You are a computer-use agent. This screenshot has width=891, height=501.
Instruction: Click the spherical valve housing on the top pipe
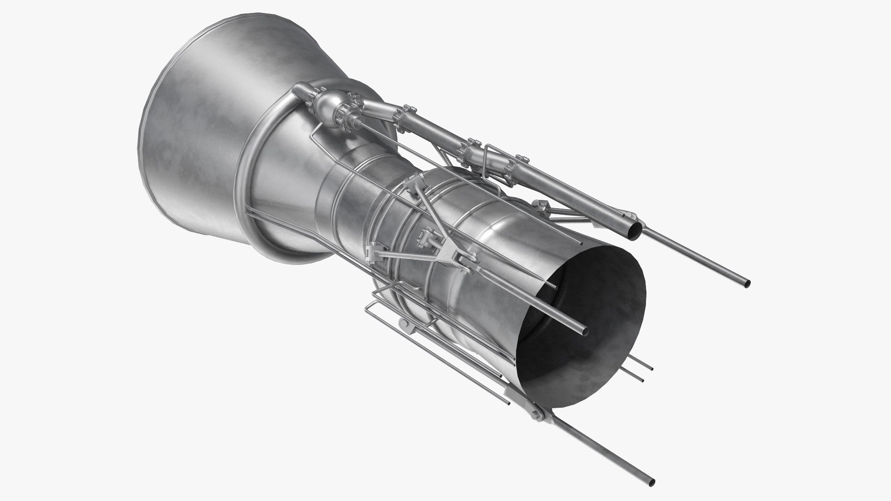[330, 104]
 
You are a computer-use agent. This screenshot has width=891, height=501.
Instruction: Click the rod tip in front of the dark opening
[584, 331]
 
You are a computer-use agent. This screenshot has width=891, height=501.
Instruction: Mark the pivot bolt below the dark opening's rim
[538, 411]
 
